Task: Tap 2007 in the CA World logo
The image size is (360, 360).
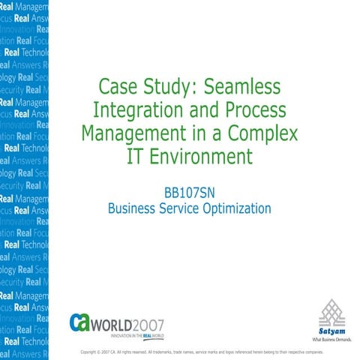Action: [x=146, y=322]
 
